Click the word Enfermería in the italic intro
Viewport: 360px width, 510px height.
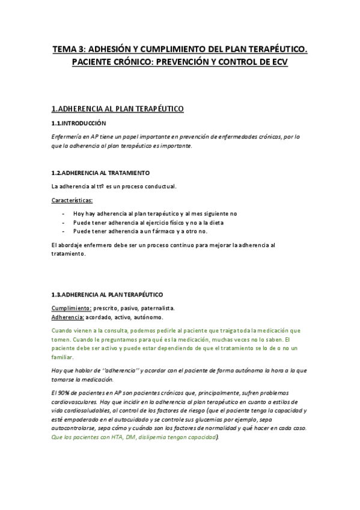click(67, 137)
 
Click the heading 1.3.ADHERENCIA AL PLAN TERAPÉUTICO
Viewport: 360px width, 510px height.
click(107, 294)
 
